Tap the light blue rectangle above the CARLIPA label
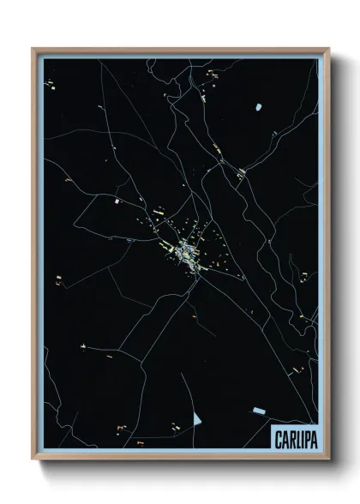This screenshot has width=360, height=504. (x=257, y=413)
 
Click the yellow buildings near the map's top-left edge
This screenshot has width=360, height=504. (x=51, y=85)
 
